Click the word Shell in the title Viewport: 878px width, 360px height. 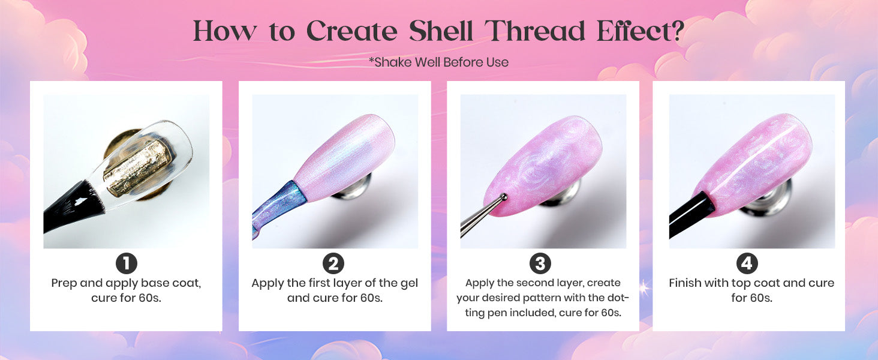pos(441,31)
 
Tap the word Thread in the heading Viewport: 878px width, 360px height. pos(535,31)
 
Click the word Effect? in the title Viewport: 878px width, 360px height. pos(641,31)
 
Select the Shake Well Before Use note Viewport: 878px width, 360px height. pos(438,62)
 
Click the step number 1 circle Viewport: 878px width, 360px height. pos(126,263)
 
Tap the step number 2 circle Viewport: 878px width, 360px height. pos(333,263)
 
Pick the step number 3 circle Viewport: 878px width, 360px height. pos(540,263)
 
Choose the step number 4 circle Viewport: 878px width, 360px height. pos(747,263)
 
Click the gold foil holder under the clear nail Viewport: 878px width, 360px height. pos(137,169)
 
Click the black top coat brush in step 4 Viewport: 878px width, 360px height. pos(690,214)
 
